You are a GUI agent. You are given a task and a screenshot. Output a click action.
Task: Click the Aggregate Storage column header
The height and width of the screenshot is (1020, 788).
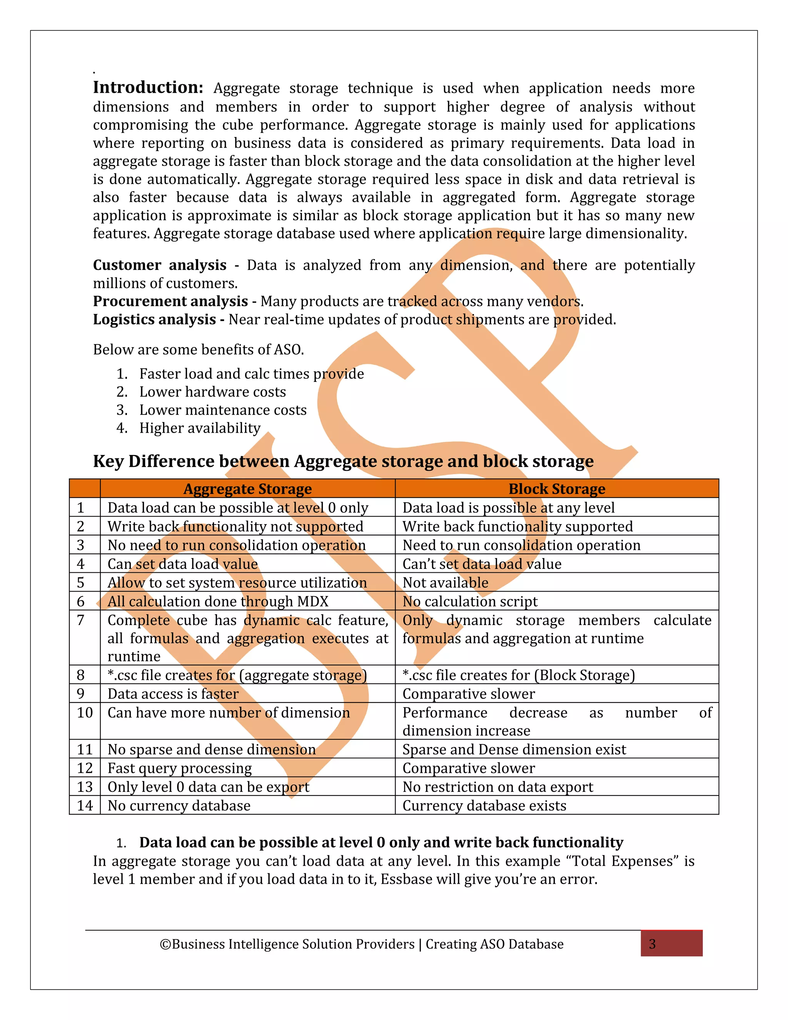(247, 488)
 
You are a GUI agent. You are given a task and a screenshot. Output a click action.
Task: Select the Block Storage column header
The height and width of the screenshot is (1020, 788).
(556, 488)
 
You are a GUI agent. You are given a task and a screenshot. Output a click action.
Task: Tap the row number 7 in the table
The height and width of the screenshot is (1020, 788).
(81, 620)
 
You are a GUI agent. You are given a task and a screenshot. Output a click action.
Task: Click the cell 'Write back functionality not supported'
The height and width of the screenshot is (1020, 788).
(235, 526)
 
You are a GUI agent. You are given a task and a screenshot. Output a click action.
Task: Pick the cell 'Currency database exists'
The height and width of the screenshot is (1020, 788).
(484, 806)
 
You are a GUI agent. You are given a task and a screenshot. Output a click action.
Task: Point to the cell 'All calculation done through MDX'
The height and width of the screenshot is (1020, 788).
(218, 602)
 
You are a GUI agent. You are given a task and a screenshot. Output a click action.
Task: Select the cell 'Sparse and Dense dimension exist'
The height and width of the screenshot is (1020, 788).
(514, 749)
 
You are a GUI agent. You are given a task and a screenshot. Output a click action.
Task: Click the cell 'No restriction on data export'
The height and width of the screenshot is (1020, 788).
(498, 787)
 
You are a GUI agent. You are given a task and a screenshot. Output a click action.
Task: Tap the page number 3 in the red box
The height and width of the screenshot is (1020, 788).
(653, 944)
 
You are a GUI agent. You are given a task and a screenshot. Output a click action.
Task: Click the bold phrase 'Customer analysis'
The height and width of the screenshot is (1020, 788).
(160, 265)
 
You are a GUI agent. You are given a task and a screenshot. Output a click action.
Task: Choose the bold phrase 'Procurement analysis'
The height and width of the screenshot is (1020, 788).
(170, 301)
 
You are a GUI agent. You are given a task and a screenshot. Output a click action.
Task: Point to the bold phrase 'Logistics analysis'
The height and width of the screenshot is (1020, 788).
(155, 319)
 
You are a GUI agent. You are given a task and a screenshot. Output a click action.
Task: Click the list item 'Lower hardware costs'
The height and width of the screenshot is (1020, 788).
(212, 392)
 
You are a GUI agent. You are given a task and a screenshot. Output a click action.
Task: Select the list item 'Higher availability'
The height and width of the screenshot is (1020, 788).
(200, 428)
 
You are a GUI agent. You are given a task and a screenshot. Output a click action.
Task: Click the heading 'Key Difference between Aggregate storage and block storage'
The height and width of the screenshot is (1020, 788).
(343, 461)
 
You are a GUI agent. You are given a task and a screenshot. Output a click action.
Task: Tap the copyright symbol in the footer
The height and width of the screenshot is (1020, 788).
(165, 944)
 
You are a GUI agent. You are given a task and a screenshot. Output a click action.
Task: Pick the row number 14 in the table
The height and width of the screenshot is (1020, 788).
(85, 806)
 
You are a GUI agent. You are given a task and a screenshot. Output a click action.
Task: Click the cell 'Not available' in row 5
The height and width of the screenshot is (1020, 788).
(445, 583)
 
